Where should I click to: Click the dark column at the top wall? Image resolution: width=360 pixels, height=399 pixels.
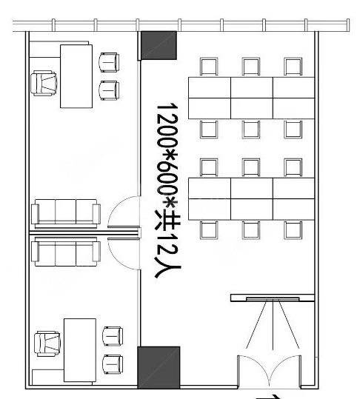(159, 45)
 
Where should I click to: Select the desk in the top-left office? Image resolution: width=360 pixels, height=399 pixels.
(75, 76)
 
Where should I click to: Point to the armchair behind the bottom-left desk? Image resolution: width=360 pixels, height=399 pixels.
(48, 343)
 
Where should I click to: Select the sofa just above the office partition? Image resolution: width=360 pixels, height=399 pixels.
(67, 212)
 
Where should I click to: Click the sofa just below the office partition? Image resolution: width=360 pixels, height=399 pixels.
(67, 252)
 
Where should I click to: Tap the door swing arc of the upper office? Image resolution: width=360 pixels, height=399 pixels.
(121, 213)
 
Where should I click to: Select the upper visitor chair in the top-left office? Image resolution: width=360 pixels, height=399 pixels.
(110, 61)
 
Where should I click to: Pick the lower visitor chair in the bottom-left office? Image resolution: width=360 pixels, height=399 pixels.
(113, 364)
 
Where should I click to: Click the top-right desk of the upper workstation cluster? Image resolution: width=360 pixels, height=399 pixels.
(294, 87)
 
